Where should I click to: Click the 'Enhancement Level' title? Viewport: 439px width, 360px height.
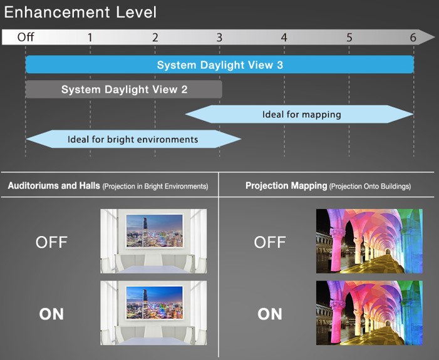[x=80, y=13]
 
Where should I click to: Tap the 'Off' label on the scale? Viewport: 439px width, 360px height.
[x=26, y=37]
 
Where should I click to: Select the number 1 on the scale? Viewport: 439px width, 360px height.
[x=90, y=37]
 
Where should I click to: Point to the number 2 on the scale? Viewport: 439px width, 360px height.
[x=155, y=37]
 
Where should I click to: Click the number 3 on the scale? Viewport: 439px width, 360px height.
[x=219, y=37]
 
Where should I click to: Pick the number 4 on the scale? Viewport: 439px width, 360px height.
[x=284, y=37]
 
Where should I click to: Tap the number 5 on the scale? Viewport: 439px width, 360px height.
[x=349, y=37]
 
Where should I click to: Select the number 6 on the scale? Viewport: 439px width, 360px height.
[x=413, y=37]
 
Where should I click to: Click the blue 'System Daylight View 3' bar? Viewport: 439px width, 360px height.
[x=220, y=64]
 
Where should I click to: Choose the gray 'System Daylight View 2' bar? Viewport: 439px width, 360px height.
[x=124, y=90]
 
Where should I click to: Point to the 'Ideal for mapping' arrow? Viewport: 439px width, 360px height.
[x=299, y=114]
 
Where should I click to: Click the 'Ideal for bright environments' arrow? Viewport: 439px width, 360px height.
[x=133, y=139]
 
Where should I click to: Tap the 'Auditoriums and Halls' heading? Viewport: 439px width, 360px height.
[x=54, y=185]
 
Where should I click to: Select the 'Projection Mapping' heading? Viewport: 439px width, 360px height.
[x=286, y=185]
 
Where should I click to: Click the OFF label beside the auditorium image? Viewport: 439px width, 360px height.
[x=51, y=242]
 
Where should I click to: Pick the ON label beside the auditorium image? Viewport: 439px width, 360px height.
[x=51, y=314]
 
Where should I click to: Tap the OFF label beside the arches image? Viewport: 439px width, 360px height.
[x=270, y=242]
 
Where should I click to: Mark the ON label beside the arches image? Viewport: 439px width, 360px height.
[x=270, y=314]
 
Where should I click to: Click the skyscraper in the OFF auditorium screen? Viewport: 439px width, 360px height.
[x=145, y=232]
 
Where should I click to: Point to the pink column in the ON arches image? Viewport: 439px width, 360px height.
[x=338, y=321]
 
